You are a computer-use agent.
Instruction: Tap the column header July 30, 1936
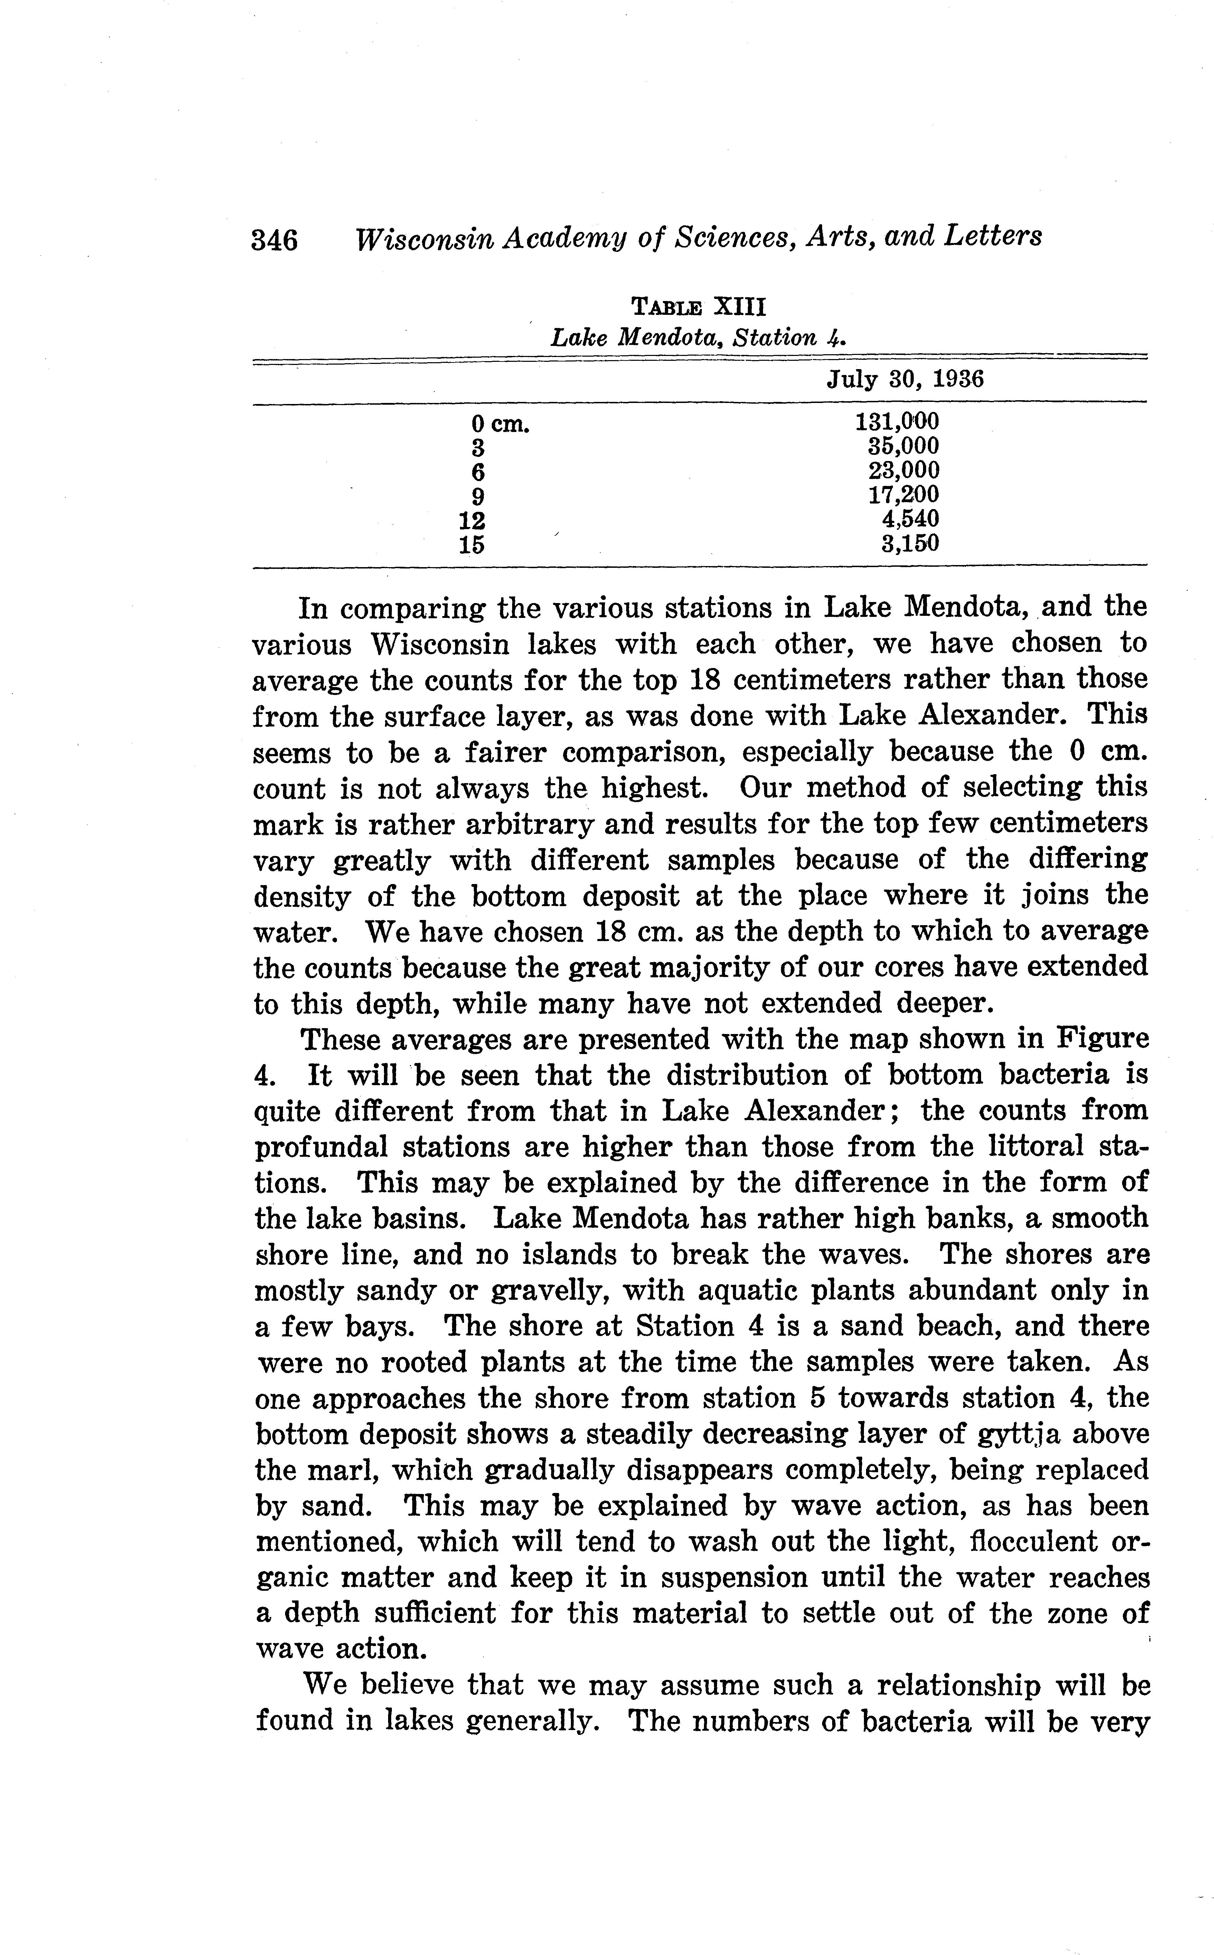click(x=905, y=379)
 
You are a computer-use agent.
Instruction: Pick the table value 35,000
click(x=903, y=445)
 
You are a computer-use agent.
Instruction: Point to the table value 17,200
click(x=903, y=495)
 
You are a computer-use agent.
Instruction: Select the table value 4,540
click(x=910, y=519)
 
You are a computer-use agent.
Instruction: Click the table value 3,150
click(x=910, y=544)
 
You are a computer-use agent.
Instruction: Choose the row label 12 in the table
click(x=471, y=519)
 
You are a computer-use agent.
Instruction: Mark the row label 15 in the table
click(x=471, y=544)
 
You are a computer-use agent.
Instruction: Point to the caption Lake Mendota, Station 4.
click(x=698, y=338)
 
